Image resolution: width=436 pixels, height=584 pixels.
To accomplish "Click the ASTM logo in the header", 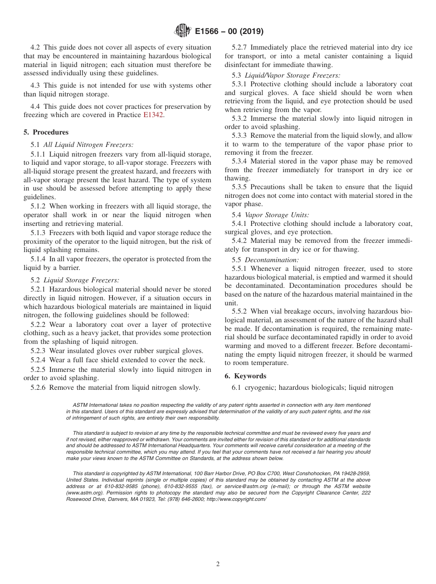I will click(x=183, y=31).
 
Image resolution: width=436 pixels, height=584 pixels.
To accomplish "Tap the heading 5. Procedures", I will click(x=46, y=132).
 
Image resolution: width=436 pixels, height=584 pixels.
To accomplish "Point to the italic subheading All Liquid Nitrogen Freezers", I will click(x=88, y=145).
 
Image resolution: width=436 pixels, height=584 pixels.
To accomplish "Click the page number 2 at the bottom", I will click(x=218, y=564).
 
